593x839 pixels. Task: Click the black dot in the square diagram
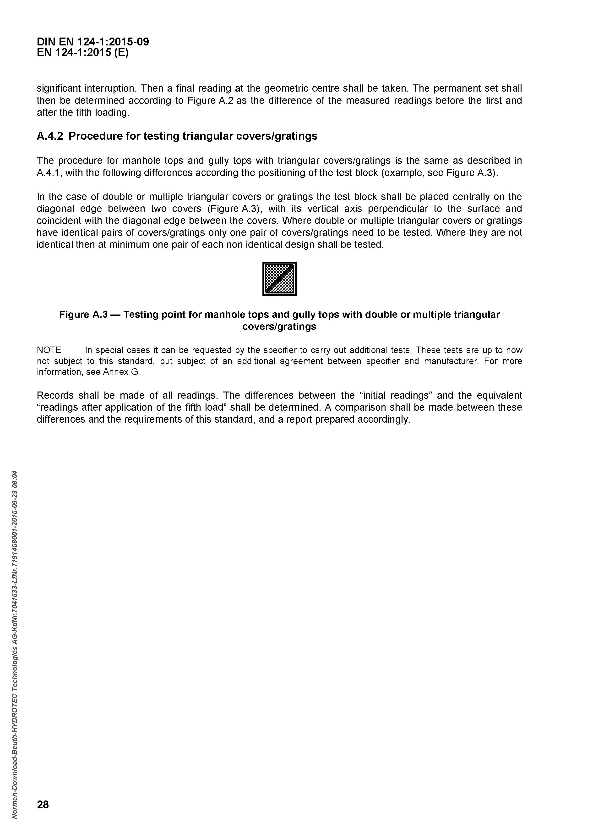pyautogui.click(x=279, y=279)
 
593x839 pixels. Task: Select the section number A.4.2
pyautogui.click(x=50, y=136)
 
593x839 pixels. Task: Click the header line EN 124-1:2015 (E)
pyautogui.click(x=83, y=53)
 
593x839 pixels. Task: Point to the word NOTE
pyautogui.click(x=49, y=350)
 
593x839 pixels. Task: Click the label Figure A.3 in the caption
pyautogui.click(x=83, y=315)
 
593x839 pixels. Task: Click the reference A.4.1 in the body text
pyautogui.click(x=50, y=172)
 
